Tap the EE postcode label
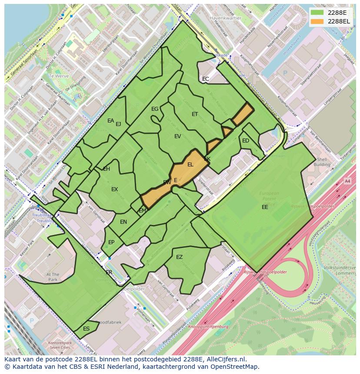(x=265, y=207)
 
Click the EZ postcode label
(x=179, y=257)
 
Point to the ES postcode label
(x=86, y=329)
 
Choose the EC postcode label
(x=206, y=79)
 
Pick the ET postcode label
(x=195, y=114)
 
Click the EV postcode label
(x=177, y=136)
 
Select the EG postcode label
(x=155, y=109)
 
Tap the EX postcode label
(x=114, y=189)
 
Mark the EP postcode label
(x=111, y=242)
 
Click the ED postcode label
(x=246, y=141)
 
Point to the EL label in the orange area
(x=190, y=165)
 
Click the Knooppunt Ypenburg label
(x=208, y=326)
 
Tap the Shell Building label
(x=322, y=162)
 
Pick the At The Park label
(x=53, y=277)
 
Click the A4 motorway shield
(x=347, y=181)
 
